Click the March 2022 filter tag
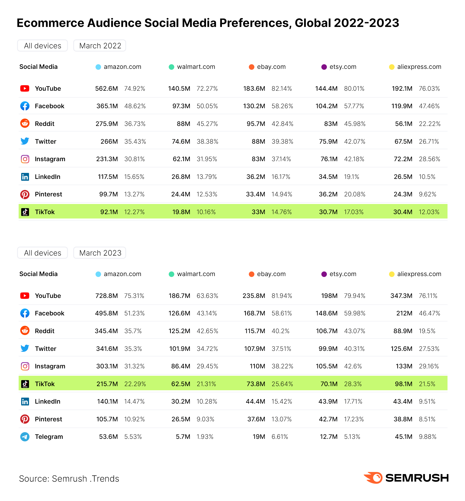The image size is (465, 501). (x=100, y=46)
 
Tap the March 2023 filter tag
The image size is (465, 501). (x=100, y=253)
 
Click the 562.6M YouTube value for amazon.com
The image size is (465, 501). (x=106, y=89)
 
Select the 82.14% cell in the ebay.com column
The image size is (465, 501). (x=282, y=89)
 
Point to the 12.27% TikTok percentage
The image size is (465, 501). (x=134, y=212)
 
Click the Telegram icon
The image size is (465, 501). (x=25, y=437)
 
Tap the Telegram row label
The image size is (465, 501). (x=49, y=437)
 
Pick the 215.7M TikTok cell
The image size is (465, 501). (x=107, y=384)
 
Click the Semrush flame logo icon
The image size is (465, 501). (x=373, y=478)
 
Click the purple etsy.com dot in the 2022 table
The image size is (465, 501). (x=324, y=67)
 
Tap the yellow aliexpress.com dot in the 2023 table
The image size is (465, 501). (x=392, y=274)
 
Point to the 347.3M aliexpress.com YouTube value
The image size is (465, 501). (x=401, y=296)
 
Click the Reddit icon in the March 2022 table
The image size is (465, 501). (x=25, y=124)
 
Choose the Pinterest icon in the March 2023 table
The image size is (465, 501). (x=25, y=419)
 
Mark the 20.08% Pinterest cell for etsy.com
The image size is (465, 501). (x=355, y=194)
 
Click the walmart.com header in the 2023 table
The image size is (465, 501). (x=196, y=274)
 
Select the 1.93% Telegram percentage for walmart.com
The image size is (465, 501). (x=205, y=437)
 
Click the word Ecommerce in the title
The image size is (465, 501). (x=50, y=23)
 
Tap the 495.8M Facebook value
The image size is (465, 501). (x=106, y=313)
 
